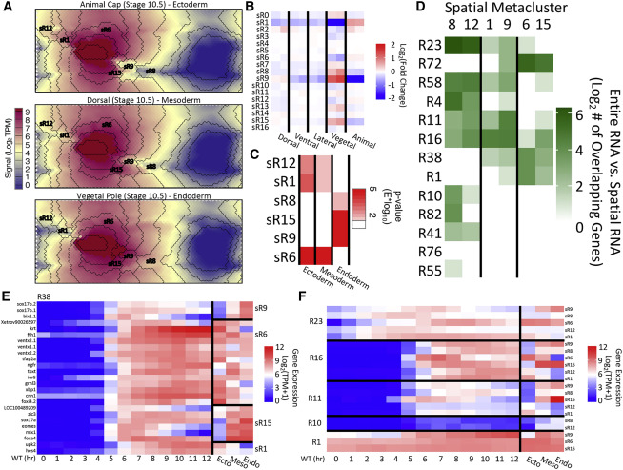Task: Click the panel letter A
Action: coord(7,9)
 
